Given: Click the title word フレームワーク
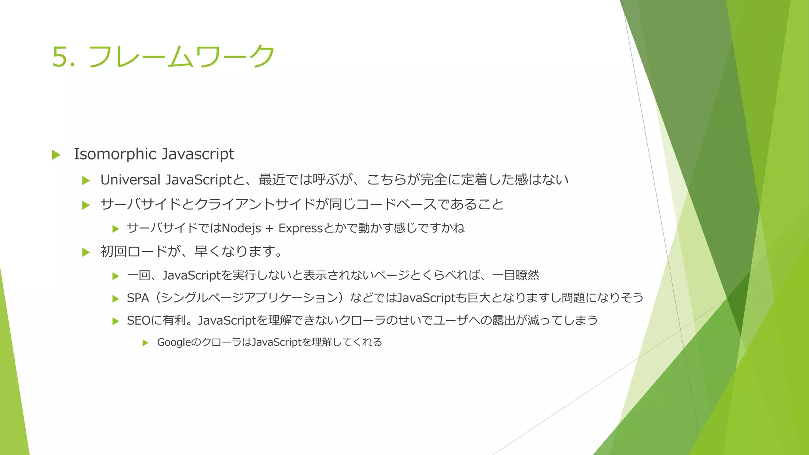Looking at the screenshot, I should [x=181, y=56].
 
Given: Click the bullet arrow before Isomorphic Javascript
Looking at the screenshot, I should [x=56, y=155].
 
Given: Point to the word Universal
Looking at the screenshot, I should [x=130, y=180].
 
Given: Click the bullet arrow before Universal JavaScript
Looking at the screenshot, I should [x=86, y=181].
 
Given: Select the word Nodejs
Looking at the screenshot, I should [x=241, y=228].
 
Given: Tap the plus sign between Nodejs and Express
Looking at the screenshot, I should [x=269, y=228].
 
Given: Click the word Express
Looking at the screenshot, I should [x=301, y=228].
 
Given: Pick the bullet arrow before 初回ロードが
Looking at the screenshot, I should [x=86, y=252].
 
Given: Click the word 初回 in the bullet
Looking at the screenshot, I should [x=113, y=251].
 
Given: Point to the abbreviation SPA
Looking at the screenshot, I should [x=138, y=298].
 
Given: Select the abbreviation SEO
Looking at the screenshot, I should [x=138, y=320].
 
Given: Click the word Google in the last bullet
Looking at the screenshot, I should [x=173, y=342].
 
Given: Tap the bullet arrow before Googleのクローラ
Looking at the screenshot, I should [x=145, y=343].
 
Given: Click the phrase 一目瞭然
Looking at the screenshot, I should [x=516, y=275].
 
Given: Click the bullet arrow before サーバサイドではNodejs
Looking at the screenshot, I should [x=116, y=229].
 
